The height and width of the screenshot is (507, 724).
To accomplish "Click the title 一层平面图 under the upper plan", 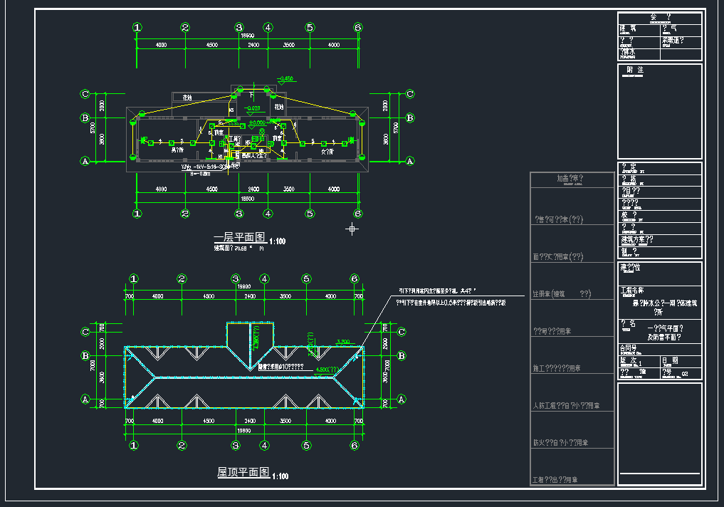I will coord(239,237).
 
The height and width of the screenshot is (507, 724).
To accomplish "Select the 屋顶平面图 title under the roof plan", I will coord(243,472).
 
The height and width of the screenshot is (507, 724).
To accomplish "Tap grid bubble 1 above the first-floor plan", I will coord(137,28).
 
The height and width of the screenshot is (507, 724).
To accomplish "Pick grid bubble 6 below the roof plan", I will coord(354,446).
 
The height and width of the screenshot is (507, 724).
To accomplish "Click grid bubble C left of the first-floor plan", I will coord(85,93).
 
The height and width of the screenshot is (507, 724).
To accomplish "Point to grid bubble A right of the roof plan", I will coord(402,399).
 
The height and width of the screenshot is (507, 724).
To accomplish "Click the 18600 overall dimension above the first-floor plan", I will coord(247,36).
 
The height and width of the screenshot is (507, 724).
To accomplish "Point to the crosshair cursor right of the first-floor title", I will coord(352,229).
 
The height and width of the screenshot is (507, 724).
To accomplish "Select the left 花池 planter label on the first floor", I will coord(187,97).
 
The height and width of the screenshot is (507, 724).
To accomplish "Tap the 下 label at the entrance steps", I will coord(251,93).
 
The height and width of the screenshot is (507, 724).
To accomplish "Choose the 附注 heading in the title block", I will coord(635,70).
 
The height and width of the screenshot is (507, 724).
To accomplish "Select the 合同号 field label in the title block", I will coord(630,348).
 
